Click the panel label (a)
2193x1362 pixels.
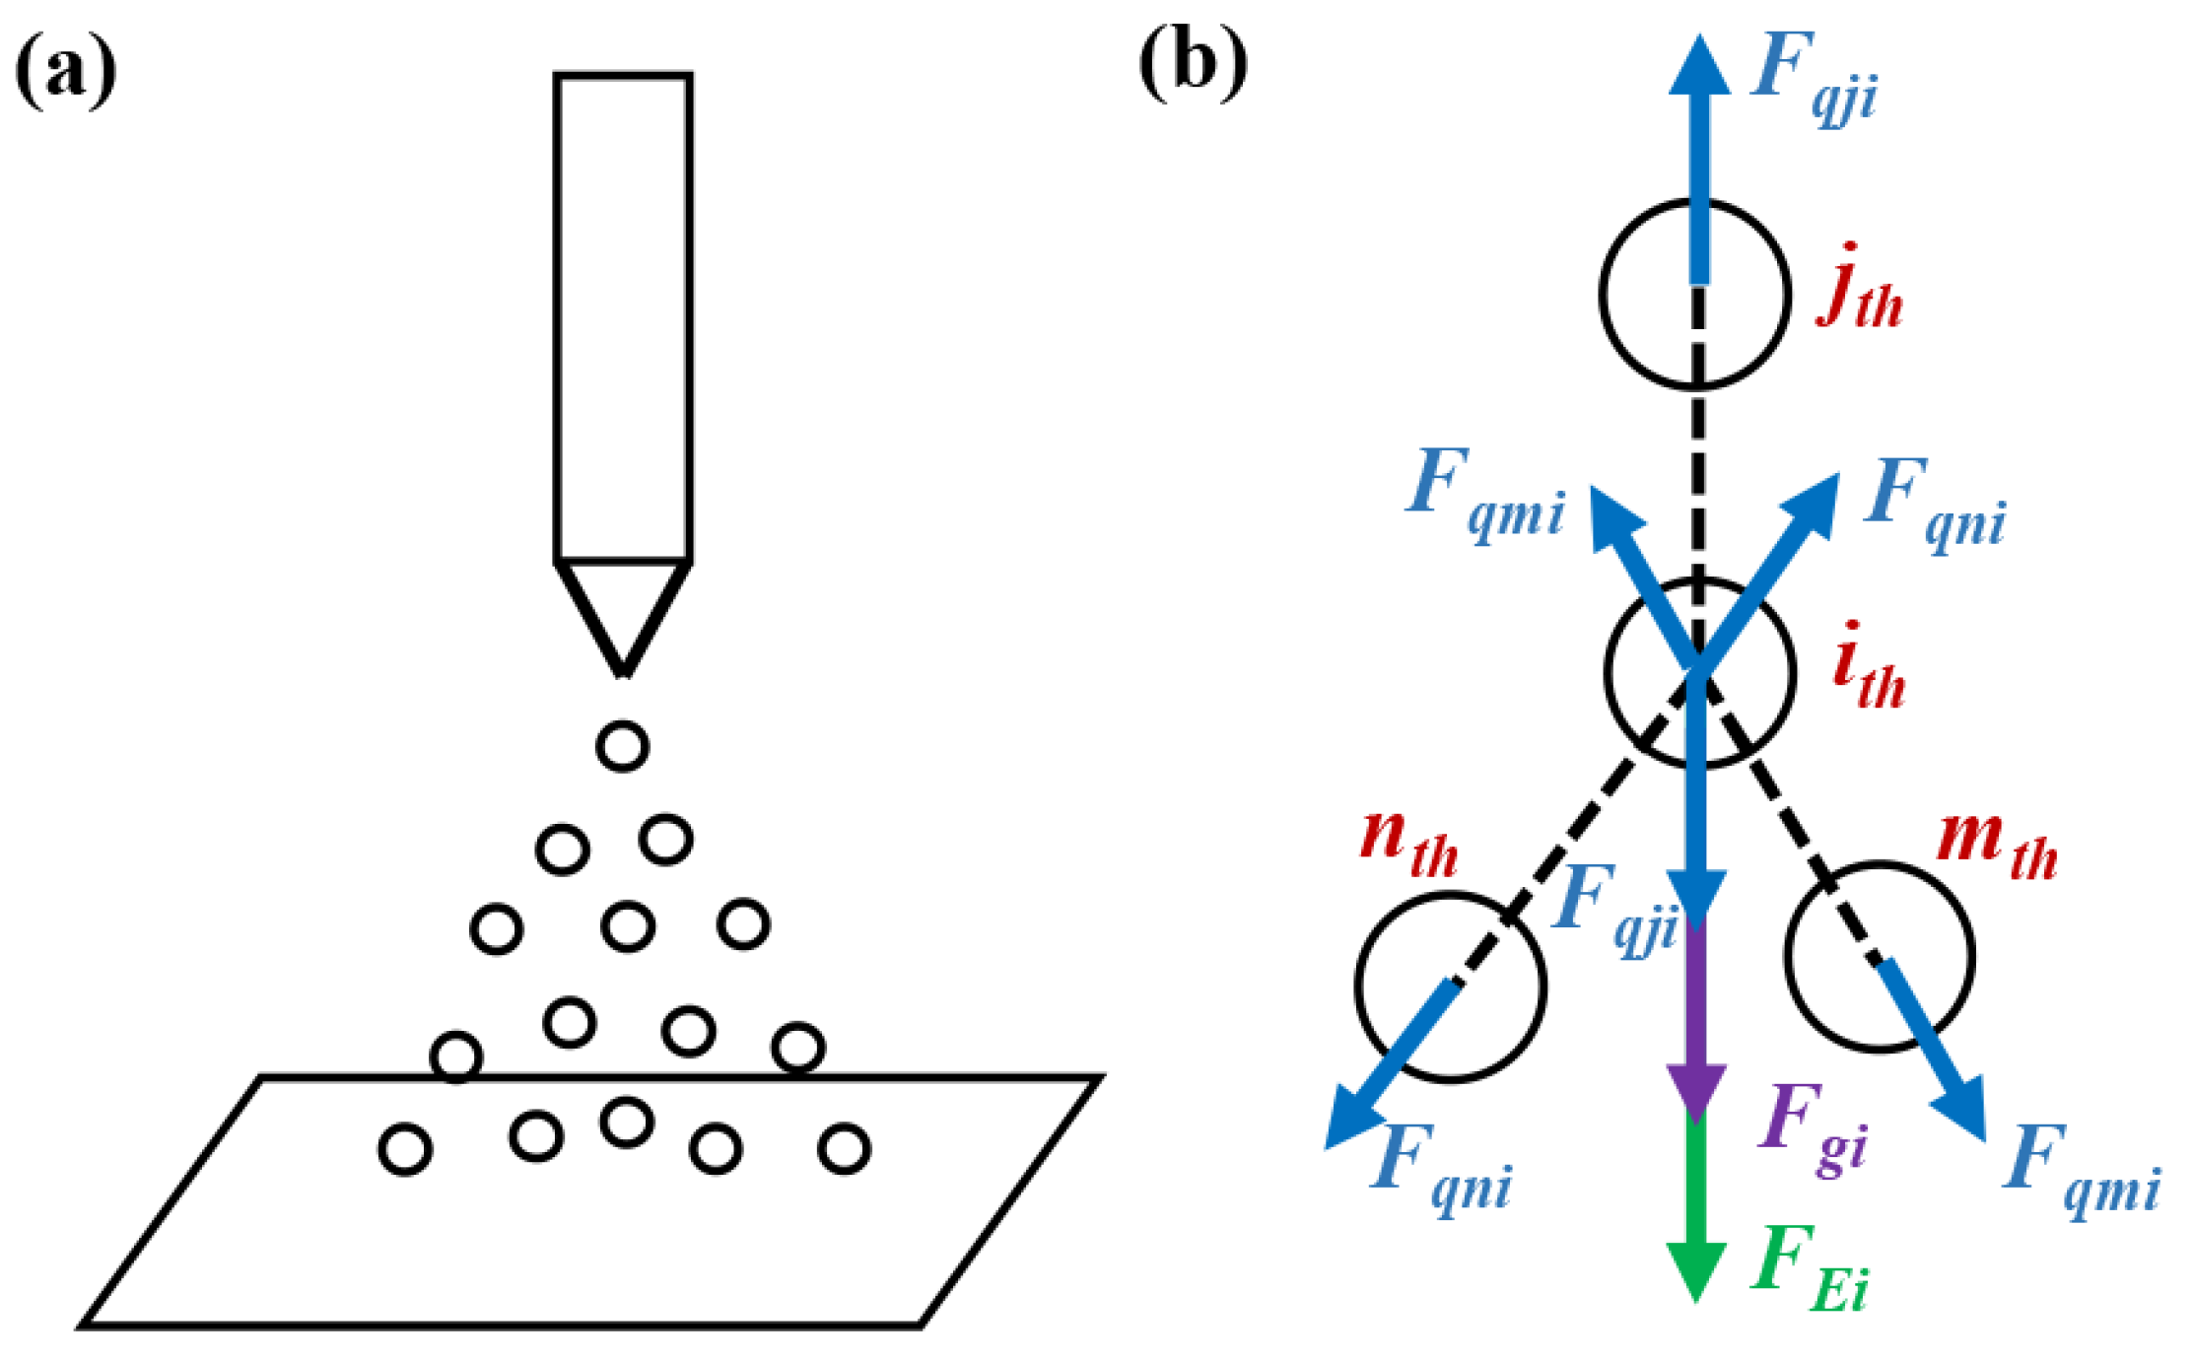[66, 71]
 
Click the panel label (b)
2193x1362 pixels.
[1193, 63]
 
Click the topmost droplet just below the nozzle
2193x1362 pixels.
[622, 745]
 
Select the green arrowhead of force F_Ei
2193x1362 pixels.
[1695, 1271]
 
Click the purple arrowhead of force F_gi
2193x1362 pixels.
[1695, 1092]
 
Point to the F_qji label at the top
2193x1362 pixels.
[1814, 79]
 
